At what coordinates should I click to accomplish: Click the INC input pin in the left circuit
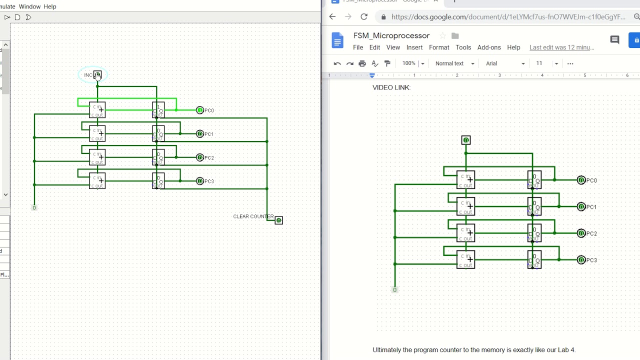tap(97, 75)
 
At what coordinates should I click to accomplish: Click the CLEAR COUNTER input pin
tap(279, 220)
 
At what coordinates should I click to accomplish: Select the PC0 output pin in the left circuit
tap(200, 110)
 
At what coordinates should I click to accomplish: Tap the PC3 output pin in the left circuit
tap(200, 181)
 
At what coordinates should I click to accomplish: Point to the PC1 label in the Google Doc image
tap(591, 207)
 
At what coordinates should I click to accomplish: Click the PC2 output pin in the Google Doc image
tap(581, 233)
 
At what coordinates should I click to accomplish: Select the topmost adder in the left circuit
tap(97, 110)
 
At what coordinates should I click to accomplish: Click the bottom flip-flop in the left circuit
tap(158, 181)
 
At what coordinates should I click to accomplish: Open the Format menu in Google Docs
tap(438, 47)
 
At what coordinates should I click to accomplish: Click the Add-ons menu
tap(488, 47)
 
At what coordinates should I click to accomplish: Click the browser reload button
tap(364, 16)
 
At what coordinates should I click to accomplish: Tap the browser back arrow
tap(332, 16)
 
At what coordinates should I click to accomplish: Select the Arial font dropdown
tap(505, 63)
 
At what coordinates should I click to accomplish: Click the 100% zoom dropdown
tap(413, 63)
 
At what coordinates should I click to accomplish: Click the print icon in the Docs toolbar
tap(362, 63)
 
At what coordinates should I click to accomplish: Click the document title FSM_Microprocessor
tap(391, 35)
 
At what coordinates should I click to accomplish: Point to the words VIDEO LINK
tap(391, 87)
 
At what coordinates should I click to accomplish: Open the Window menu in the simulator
tap(29, 6)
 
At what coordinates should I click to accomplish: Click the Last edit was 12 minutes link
tap(561, 47)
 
